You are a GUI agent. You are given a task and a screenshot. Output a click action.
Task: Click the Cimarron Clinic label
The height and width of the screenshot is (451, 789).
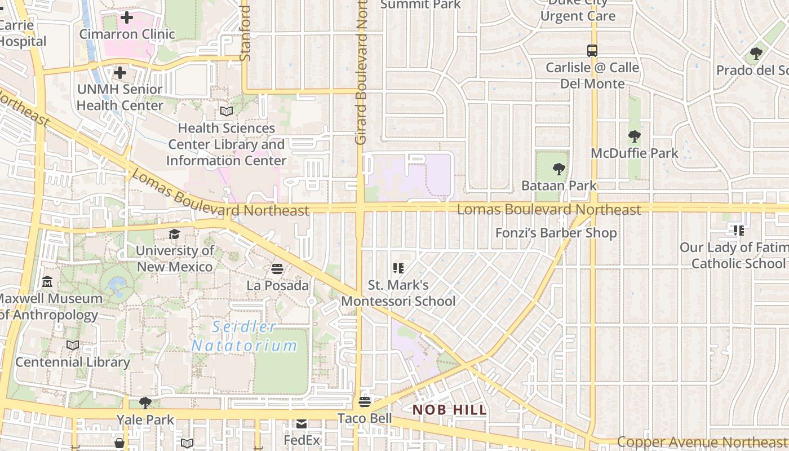coord(127,34)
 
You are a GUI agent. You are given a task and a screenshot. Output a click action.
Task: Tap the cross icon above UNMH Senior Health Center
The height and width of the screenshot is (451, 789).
coord(119,73)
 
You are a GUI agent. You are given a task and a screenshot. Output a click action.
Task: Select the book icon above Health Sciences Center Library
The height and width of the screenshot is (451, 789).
coord(226,112)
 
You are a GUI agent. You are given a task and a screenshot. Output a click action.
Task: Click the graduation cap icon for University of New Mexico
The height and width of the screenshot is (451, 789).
coord(175,234)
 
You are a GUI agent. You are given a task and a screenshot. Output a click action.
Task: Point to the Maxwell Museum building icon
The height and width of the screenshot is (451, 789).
coord(47,282)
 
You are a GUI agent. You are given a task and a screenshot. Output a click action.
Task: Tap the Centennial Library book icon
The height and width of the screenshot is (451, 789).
coord(73,346)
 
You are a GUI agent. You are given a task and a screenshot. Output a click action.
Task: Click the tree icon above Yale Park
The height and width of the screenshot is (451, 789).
coord(145,403)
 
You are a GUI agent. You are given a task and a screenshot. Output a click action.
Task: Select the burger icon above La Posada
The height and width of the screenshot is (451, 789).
coord(277,268)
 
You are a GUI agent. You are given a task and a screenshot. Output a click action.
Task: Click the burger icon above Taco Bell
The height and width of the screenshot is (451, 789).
coord(365,402)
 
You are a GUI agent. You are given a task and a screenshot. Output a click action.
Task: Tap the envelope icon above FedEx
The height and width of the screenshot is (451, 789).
coord(302,423)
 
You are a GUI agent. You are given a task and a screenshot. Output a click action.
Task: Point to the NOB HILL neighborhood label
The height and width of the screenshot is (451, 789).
coord(449,410)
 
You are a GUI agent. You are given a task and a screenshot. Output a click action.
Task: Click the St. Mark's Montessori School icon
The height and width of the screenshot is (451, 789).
coord(398,268)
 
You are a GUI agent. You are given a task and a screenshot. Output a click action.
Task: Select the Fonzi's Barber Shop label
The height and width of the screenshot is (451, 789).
coord(556,233)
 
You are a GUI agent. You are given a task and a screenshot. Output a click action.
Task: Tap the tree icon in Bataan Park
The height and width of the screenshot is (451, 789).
coord(558,169)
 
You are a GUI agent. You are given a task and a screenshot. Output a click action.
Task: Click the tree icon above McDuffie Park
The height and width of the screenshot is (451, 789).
coord(635,136)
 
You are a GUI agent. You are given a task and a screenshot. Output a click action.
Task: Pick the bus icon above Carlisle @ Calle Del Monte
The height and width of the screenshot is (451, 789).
coord(592,51)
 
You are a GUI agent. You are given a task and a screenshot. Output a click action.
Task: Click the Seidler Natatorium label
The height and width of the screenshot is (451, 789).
coord(245,336)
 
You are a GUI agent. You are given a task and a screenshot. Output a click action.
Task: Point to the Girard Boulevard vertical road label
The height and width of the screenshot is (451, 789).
coord(361,73)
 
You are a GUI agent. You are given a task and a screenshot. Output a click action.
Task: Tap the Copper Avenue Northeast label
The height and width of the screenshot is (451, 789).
coord(702,443)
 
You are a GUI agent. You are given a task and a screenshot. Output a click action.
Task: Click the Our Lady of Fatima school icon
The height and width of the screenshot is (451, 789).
coord(738,230)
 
